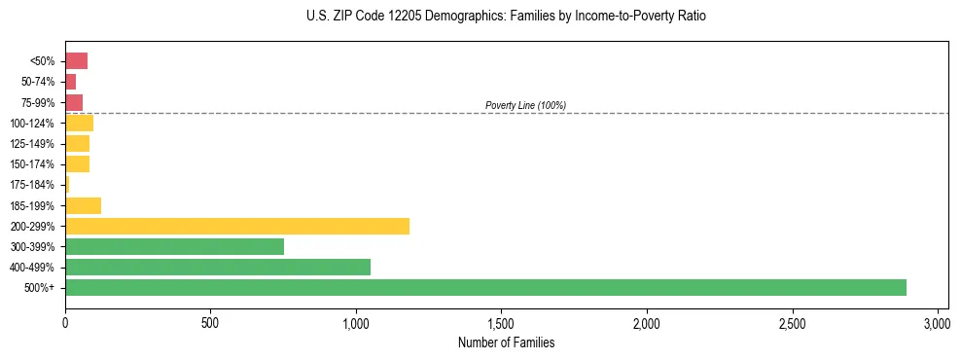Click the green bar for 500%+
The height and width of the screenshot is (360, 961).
coord(485,287)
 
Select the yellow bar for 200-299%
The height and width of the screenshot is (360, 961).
coord(237,226)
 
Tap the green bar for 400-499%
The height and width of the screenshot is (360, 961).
coord(218,267)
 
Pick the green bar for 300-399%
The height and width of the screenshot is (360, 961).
coord(174,246)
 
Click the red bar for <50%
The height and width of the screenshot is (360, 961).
coord(76,61)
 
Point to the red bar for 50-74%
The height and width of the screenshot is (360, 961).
coord(70,82)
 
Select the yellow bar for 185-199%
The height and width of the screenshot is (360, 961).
coord(83,205)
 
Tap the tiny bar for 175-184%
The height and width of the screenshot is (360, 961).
coord(67,185)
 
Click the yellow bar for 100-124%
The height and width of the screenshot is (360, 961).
coord(79,123)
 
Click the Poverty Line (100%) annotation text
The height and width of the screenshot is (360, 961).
coord(525,105)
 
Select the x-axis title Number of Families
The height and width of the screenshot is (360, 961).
coord(506,342)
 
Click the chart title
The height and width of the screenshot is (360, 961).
coord(506,17)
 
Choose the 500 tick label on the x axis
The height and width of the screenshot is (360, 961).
coord(210,323)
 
